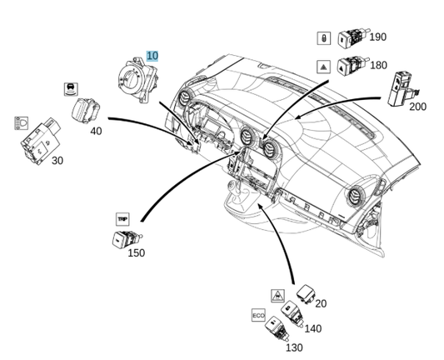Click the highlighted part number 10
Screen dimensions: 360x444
152,55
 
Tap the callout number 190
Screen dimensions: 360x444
377,37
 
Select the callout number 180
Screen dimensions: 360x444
377,65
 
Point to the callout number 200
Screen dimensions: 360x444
417,107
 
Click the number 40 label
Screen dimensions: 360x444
96,131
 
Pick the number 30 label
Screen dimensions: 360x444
57,160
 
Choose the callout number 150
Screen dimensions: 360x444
136,252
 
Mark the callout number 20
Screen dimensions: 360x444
321,303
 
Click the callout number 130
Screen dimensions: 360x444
294,347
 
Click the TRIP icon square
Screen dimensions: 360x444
122,218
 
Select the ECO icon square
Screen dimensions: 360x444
257,316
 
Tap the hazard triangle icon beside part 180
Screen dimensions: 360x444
323,65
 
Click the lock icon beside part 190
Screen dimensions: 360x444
323,37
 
